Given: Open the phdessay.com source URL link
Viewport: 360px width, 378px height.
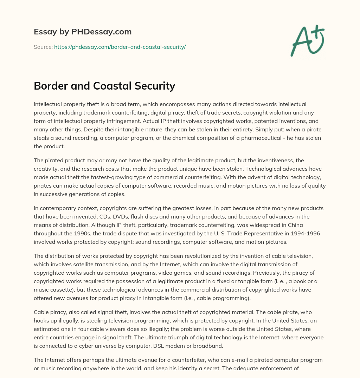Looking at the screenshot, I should (x=120, y=47).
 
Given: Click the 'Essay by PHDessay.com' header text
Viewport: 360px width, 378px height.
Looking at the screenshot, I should (x=83, y=32).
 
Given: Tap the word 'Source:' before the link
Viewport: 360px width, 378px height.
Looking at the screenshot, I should (x=43, y=47).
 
